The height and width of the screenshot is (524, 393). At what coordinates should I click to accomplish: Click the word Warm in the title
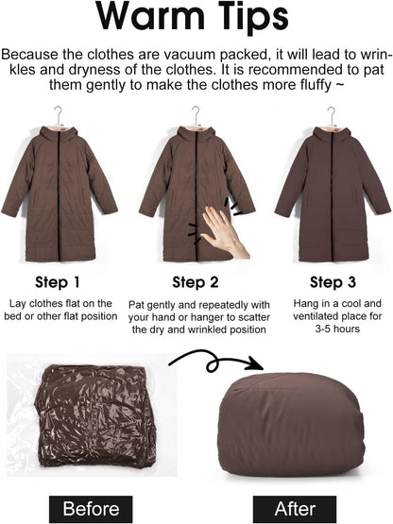150,15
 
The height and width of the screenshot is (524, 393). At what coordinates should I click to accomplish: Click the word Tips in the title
253,17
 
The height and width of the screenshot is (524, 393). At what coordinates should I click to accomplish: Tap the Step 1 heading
58,282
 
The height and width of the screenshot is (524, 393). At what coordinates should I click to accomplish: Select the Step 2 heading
196,282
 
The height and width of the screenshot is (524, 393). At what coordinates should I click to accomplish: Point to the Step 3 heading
333,282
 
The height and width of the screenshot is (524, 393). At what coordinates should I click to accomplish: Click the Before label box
91,509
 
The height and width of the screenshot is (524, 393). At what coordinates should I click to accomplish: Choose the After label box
295,509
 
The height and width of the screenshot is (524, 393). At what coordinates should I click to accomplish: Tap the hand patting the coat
225,233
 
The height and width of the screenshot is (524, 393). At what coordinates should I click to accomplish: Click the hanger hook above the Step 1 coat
59,114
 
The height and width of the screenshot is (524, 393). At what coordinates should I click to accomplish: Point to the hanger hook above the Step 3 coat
332,115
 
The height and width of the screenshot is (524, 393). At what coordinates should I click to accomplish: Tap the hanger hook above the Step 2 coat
196,115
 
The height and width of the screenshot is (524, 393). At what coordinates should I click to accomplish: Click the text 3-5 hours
337,329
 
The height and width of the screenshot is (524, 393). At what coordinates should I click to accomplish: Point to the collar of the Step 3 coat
332,134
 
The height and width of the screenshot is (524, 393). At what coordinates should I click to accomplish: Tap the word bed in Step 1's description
12,316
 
